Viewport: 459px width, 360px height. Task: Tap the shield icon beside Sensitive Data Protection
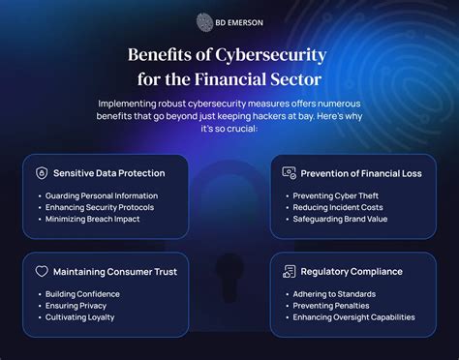[41, 173]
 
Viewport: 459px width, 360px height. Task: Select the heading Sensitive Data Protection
[109, 173]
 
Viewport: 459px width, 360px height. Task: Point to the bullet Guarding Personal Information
[101, 195]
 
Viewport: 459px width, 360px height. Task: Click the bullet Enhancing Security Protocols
[101, 206]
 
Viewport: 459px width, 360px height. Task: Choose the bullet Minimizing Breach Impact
[94, 218]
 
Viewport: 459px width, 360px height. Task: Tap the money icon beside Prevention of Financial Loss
[289, 172]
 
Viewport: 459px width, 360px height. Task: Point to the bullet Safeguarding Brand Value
[339, 218]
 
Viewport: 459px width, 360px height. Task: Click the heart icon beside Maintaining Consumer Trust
[41, 271]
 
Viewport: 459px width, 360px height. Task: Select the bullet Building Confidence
[83, 293]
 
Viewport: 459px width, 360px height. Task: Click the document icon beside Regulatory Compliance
[289, 271]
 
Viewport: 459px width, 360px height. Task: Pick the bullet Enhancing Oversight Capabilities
[352, 316]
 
